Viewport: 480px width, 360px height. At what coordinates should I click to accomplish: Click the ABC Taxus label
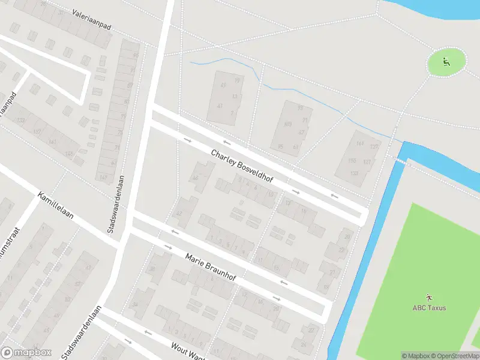[x=429, y=308]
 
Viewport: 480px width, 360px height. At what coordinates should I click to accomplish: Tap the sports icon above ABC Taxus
[x=429, y=297]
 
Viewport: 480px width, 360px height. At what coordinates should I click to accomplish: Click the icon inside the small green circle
[x=446, y=61]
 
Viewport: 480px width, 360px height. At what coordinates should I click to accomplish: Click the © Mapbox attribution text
[x=415, y=356]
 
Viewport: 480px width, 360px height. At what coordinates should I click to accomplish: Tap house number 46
[x=194, y=178]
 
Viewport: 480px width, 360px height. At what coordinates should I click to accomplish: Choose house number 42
[x=178, y=214]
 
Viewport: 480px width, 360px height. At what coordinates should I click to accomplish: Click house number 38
[x=152, y=268]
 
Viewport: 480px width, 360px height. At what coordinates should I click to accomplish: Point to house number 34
[x=135, y=305]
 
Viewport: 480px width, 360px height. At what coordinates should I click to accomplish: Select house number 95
[x=280, y=146]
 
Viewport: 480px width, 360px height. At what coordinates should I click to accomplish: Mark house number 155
[x=352, y=161]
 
